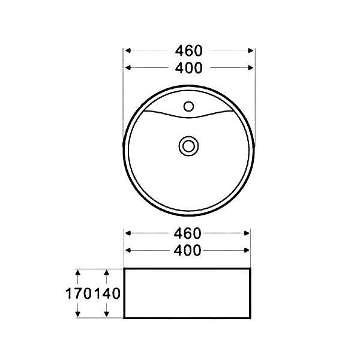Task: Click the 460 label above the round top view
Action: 190,50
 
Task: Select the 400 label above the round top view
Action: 190,68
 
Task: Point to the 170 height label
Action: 79,294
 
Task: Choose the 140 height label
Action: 109,294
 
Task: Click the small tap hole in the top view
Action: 188,107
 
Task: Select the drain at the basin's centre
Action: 188,145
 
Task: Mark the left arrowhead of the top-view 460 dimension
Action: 128,50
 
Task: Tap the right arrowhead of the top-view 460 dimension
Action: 251,50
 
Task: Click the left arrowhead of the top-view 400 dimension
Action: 128,68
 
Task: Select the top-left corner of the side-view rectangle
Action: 124,269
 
